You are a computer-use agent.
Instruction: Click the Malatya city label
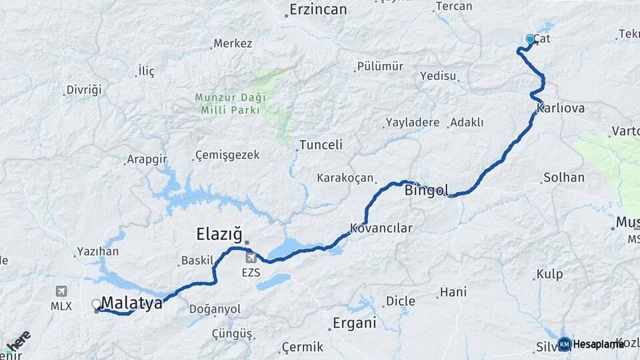coord(132,303)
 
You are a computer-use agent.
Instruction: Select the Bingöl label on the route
coord(427,189)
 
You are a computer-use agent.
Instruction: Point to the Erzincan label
coord(318,9)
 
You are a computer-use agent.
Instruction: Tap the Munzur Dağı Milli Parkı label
coord(230,103)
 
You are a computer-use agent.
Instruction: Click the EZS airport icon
coord(251,257)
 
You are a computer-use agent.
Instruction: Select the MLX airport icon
coord(61,291)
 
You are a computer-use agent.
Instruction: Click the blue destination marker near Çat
coord(531,39)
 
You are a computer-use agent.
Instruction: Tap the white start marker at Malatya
coord(96,304)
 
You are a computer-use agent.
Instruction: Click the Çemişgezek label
coord(227,155)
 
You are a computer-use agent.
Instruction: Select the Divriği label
coord(83,90)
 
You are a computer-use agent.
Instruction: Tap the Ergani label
coord(354,323)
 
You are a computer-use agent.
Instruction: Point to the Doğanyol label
coord(215,309)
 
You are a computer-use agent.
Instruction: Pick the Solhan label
coord(564,177)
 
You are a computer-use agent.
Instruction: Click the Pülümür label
coord(380,66)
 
